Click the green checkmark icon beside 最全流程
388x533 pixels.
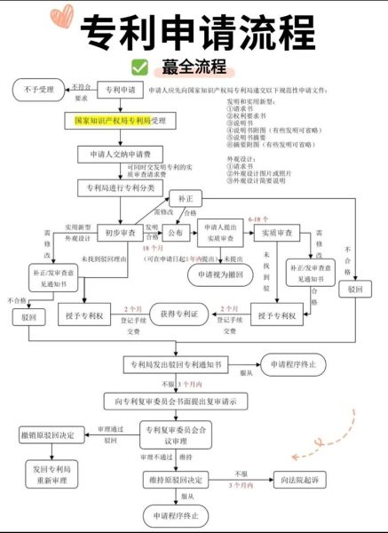click(139, 67)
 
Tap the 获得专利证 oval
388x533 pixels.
click(178, 314)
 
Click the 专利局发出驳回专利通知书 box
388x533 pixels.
click(178, 364)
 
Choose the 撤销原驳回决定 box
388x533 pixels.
click(51, 434)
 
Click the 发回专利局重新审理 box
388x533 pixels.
click(51, 474)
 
